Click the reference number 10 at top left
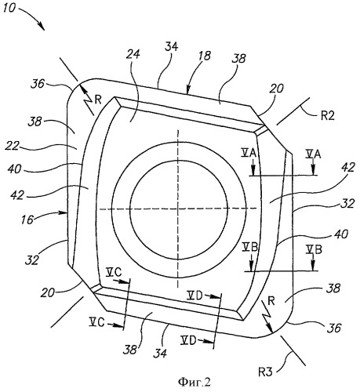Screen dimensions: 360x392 coord(9,8)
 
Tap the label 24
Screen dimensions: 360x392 coord(133,54)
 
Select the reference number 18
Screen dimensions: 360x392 coord(204,56)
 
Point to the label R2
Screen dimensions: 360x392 coord(328,115)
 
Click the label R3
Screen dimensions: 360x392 coord(265,372)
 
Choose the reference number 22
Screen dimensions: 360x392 coord(12,146)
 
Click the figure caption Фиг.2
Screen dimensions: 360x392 coord(195,383)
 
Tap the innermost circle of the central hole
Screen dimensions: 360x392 coord(179,161)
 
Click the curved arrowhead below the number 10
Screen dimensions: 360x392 coord(41,26)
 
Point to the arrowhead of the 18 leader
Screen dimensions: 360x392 coord(187,91)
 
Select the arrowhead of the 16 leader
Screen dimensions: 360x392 coord(64,212)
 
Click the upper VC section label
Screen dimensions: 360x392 coord(114,273)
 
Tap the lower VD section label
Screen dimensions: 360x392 coord(188,340)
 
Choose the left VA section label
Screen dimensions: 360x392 coord(249,154)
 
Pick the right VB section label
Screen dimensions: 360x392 coord(314,250)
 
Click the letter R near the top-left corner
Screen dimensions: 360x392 coord(98,100)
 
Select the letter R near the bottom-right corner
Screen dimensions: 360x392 coord(271,301)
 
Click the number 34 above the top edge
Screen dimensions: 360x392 coord(172,46)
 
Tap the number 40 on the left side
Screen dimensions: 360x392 coord(14,169)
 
